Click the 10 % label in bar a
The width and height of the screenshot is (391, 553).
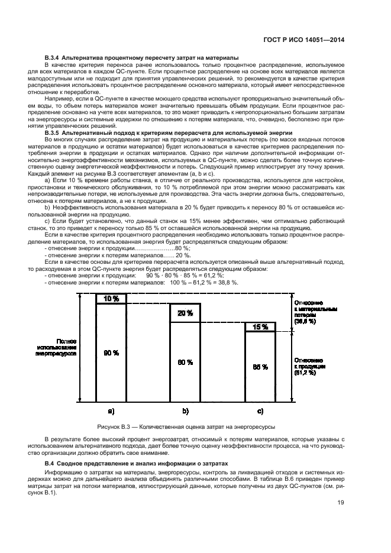[x=111, y=299]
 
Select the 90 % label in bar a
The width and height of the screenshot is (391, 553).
[x=111, y=353]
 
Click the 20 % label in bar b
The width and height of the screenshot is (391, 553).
[x=185, y=313]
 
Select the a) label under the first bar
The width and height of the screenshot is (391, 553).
[x=111, y=410]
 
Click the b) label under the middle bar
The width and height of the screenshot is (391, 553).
[x=185, y=410]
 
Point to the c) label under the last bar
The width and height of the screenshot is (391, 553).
[x=260, y=410]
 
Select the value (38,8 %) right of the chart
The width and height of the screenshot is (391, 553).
[x=314, y=322]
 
